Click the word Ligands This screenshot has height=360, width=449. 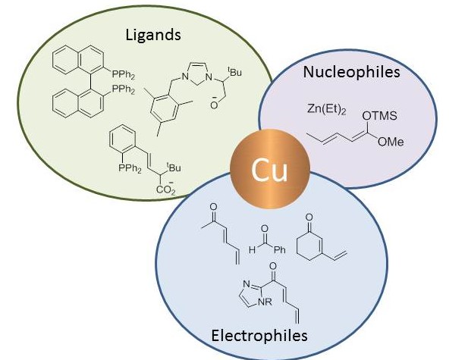(153, 36)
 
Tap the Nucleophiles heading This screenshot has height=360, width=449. (351, 72)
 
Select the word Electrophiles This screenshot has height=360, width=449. (259, 335)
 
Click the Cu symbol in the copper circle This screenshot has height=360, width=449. (269, 170)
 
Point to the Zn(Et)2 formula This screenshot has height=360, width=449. (326, 109)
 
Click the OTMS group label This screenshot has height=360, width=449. (380, 116)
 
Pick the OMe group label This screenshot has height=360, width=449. (391, 142)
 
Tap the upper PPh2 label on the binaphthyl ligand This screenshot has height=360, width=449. (123, 75)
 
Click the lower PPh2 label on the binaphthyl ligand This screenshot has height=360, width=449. (123, 89)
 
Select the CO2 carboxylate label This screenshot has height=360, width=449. (165, 189)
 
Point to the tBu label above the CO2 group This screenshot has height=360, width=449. (174, 167)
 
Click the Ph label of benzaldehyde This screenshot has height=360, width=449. (280, 250)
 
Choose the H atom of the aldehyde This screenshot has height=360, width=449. (252, 250)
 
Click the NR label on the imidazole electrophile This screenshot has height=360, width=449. (265, 302)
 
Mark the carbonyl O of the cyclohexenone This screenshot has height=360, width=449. (309, 218)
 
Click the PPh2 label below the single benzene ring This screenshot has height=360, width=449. (130, 168)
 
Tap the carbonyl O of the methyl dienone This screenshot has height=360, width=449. (213, 207)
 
